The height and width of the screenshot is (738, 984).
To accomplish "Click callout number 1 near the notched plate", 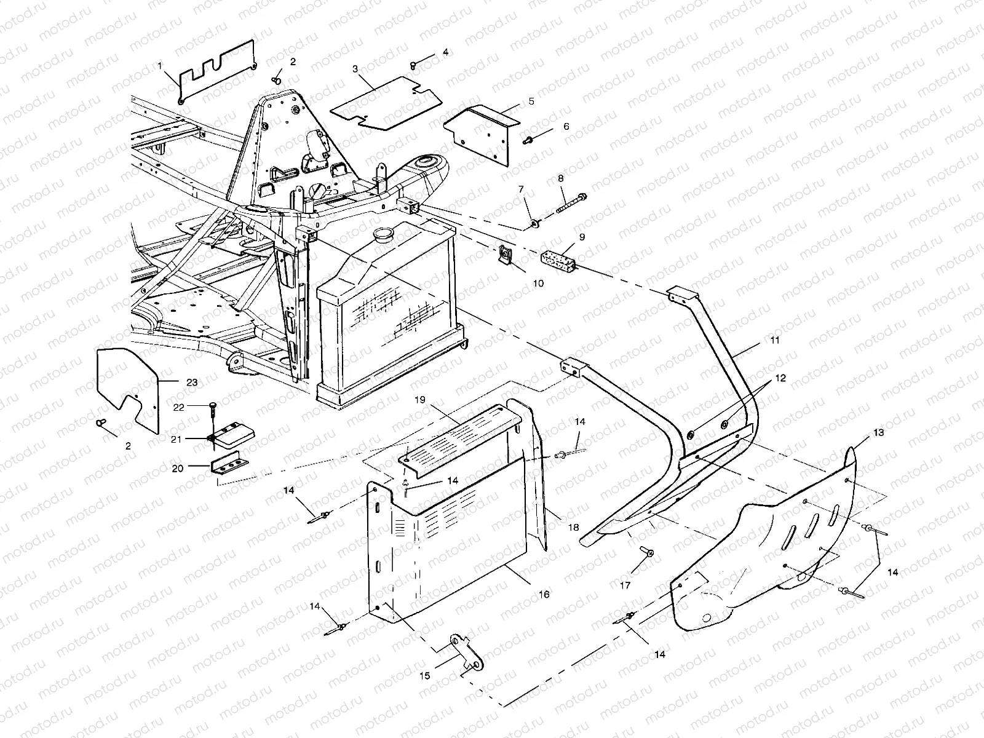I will coord(161,65).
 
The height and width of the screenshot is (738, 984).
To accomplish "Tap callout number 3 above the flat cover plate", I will coord(355,68).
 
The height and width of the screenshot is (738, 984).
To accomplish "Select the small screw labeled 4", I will coord(413,65).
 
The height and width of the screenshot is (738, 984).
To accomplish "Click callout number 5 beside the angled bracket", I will coord(531,100).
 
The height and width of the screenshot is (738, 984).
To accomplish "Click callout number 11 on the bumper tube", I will coord(775,339).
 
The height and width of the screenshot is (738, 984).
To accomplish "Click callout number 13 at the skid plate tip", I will coord(878,433).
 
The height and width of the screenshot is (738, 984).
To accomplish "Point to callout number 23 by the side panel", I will coord(192,382).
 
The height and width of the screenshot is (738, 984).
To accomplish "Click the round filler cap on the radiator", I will coord(386,234).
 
